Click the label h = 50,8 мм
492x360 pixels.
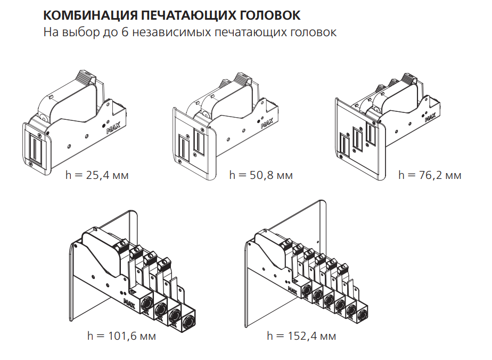click(x=261, y=175)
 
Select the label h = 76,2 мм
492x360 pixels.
click(x=430, y=175)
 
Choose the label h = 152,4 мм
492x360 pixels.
click(x=302, y=336)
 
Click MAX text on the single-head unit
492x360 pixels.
click(x=112, y=128)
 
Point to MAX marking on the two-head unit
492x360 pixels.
click(x=267, y=124)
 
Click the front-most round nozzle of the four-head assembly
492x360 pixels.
click(x=188, y=322)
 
